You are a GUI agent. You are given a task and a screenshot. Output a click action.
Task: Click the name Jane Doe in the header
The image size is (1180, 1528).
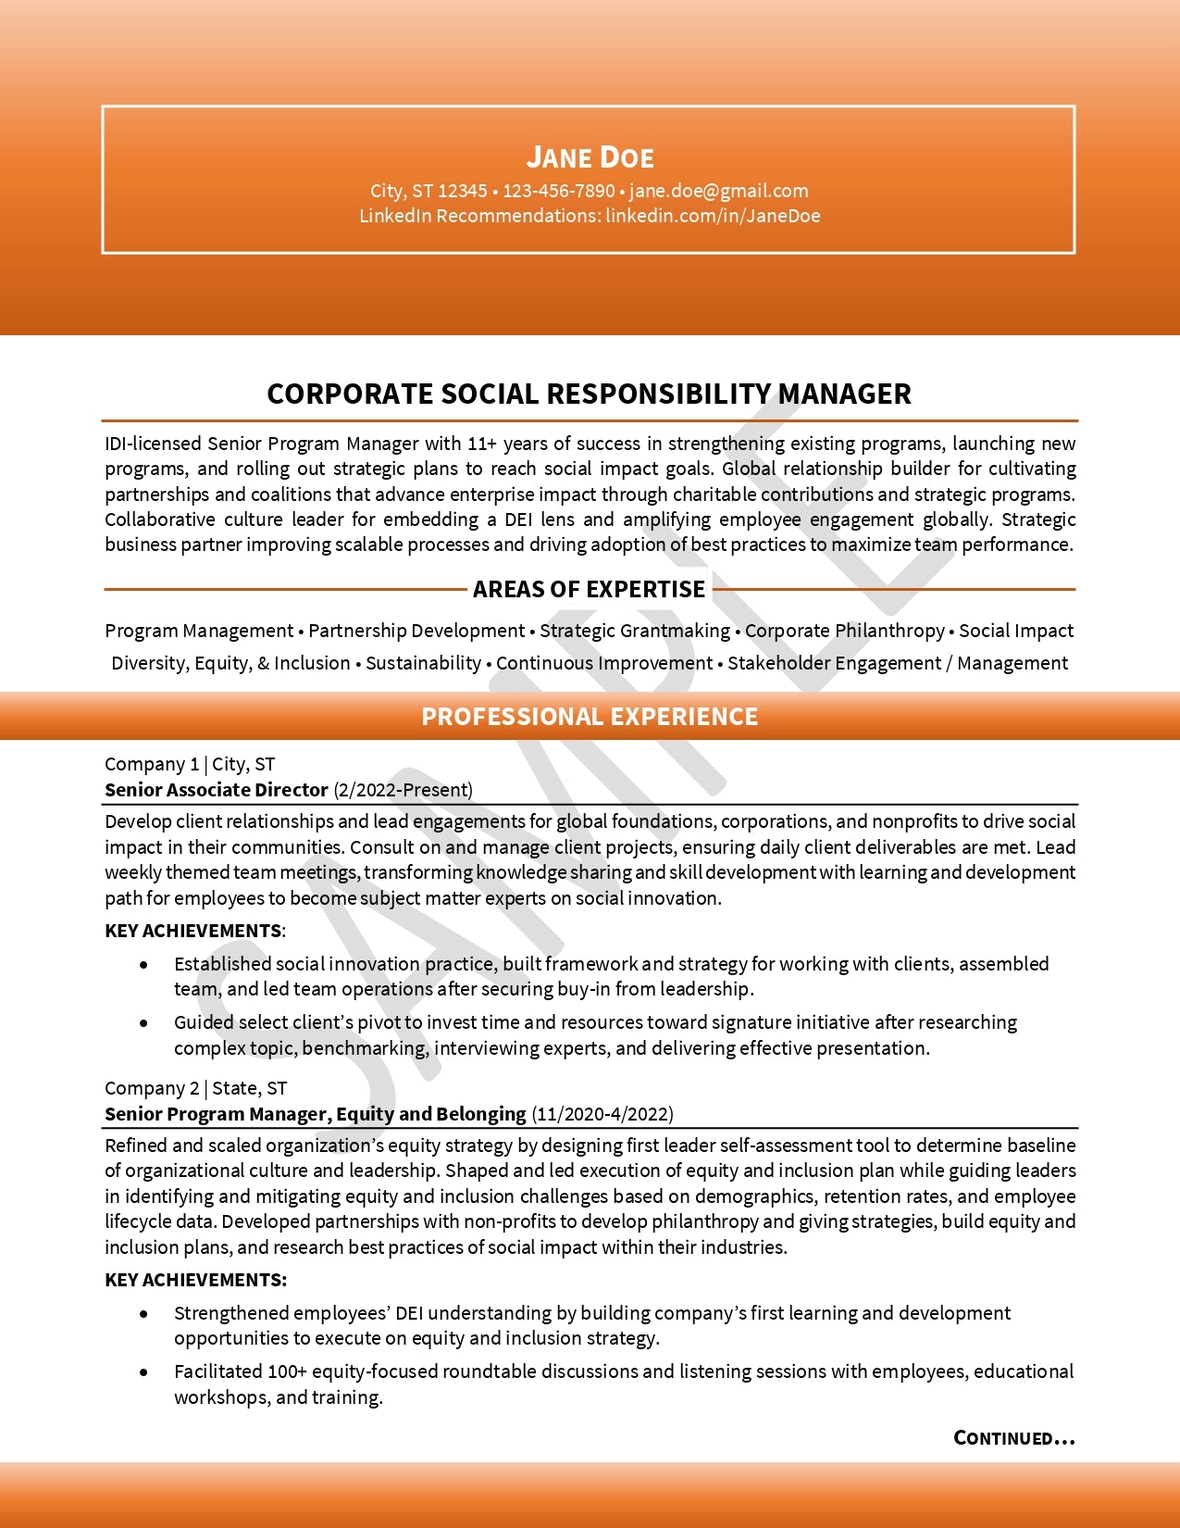coord(590,157)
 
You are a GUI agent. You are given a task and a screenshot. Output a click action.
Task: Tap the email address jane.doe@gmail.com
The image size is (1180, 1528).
coord(718,191)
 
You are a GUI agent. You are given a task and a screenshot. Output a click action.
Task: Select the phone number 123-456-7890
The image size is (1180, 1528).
coord(559,191)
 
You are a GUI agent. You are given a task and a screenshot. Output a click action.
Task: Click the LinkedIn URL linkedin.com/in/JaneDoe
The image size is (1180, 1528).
coord(713,216)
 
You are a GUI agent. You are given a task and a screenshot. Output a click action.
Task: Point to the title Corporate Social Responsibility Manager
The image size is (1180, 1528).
coord(589,394)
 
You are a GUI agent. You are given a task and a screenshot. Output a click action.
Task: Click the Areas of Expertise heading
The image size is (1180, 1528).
coord(589,589)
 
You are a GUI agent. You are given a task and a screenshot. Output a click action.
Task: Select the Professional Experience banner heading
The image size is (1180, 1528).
coord(590,716)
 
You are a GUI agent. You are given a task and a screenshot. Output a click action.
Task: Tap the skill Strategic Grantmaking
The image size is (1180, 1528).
coord(635,631)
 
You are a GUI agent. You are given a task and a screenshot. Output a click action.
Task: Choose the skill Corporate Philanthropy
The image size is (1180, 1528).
coord(845,631)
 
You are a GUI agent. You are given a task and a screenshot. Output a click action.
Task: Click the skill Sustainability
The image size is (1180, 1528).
coord(423,663)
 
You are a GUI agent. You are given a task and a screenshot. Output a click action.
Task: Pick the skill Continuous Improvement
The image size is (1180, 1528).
coord(604,663)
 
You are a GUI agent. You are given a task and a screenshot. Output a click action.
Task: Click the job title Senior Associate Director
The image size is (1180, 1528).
coord(217,790)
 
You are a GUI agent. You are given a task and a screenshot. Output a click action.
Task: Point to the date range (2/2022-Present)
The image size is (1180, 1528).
coord(404,790)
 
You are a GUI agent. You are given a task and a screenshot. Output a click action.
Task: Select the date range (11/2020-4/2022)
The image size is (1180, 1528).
coord(602,1114)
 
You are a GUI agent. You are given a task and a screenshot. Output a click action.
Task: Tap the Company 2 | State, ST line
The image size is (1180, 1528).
coord(196,1088)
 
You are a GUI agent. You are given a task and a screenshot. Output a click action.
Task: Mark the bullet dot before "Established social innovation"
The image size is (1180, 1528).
coord(143,965)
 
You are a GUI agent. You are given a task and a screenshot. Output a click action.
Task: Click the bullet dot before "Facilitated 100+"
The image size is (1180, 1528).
coord(143,1372)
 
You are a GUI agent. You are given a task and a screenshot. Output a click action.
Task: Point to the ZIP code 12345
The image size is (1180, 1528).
coord(463,191)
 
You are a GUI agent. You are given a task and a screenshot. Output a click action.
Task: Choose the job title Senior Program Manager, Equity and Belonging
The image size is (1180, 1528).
coord(316,1114)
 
